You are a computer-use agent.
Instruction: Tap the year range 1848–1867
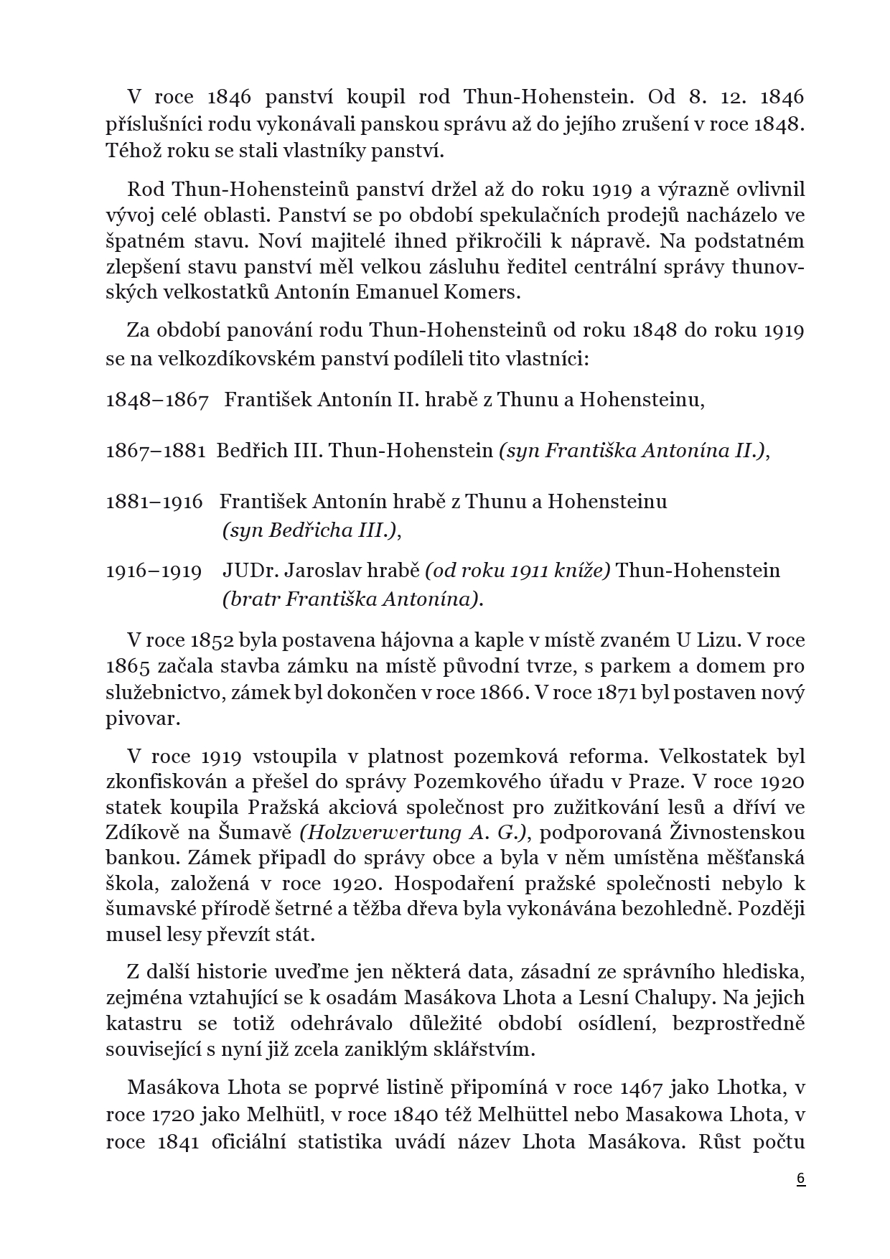click(157, 400)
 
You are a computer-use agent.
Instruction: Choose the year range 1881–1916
click(154, 501)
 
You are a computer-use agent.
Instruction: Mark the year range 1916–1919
click(154, 571)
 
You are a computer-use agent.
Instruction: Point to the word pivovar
click(142, 719)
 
